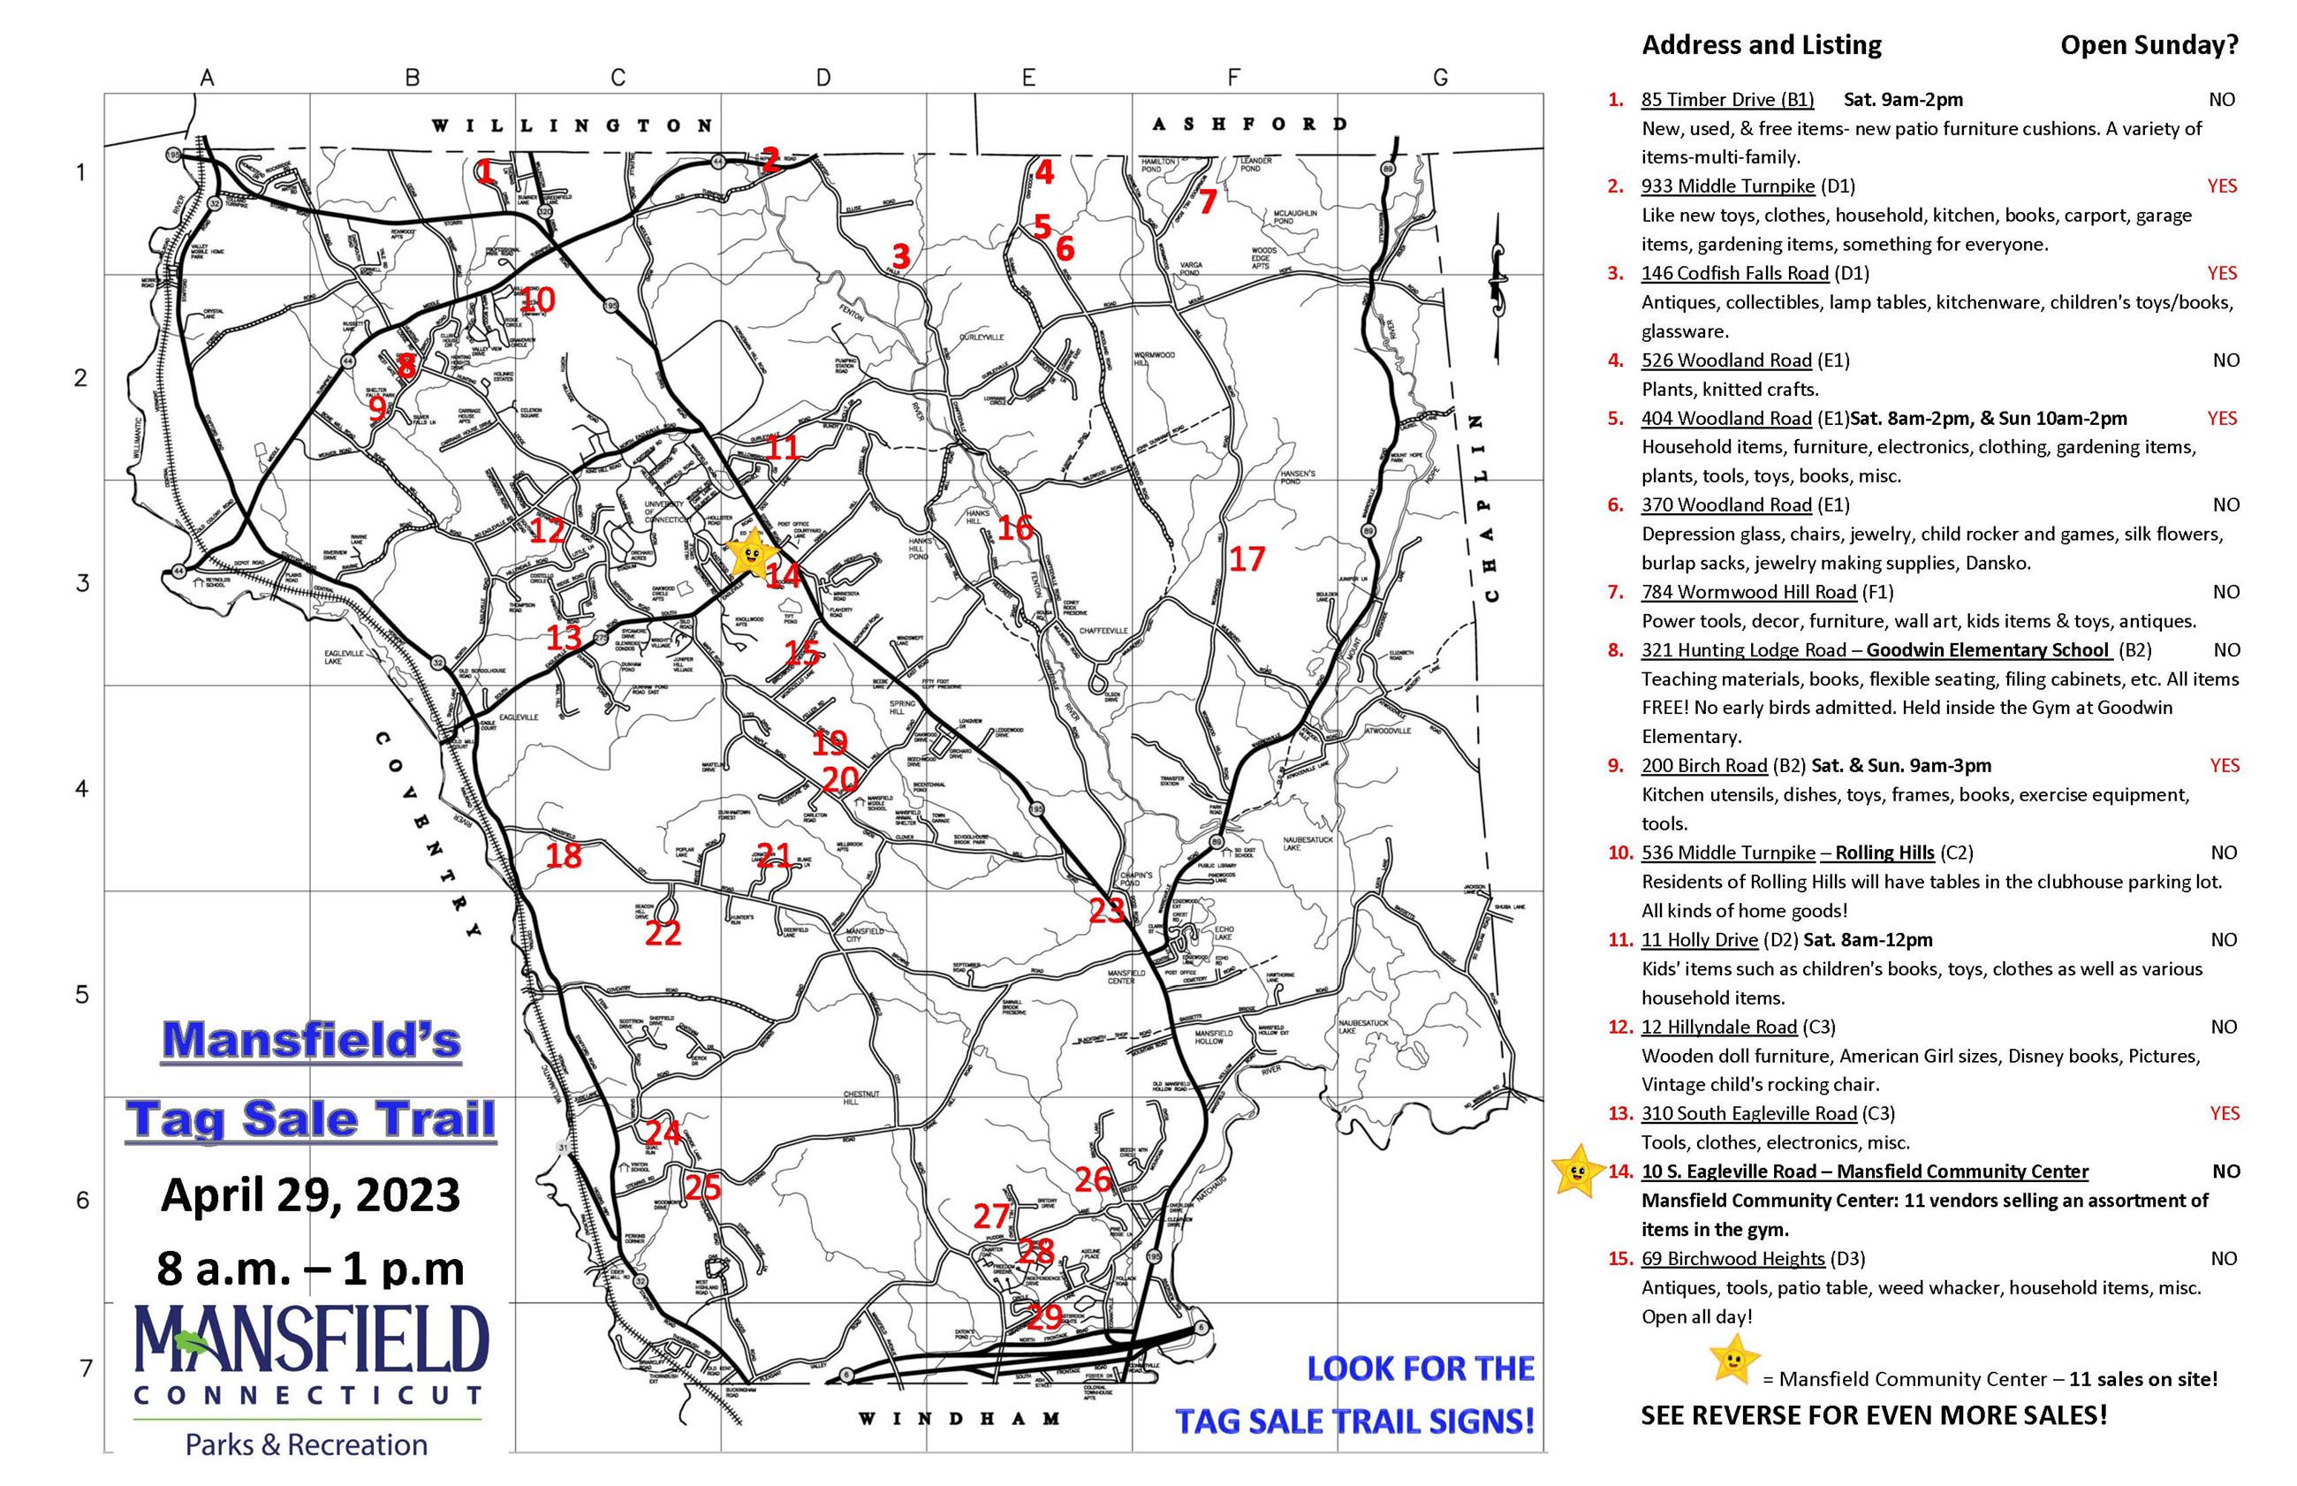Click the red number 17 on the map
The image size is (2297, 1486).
tap(1246, 558)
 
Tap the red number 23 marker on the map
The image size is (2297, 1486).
tap(1106, 909)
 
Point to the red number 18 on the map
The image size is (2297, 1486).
tap(564, 855)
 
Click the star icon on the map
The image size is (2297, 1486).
tap(751, 553)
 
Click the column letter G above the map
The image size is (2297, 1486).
tap(1439, 78)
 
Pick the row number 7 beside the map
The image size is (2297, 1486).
tap(86, 1368)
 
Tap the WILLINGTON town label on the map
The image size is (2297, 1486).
tap(572, 125)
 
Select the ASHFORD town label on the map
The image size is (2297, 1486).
tap(1248, 124)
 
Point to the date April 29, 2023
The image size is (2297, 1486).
tap(310, 1194)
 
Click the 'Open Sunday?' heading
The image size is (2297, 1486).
tap(2149, 45)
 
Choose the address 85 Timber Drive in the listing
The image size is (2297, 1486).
tap(1727, 99)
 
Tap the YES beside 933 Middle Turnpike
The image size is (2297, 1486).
tap(2221, 186)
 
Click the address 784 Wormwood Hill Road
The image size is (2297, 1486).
tap(1748, 593)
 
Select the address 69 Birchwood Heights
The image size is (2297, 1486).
tap(1732, 1258)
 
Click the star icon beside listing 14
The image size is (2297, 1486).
tap(1573, 1171)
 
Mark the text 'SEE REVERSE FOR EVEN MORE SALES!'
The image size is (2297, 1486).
tap(1874, 1415)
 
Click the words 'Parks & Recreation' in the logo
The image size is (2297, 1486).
tap(306, 1444)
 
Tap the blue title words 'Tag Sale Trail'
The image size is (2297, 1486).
tap(310, 1119)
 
